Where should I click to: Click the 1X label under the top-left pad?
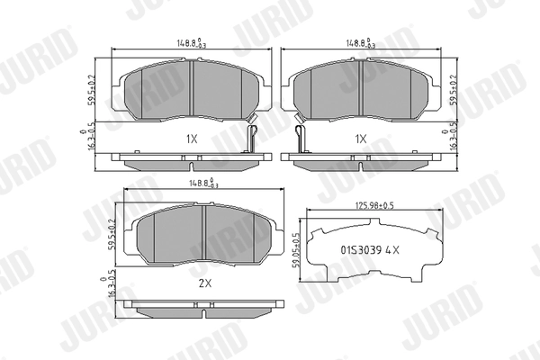pos(191,139)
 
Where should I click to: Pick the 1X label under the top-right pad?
pos(360,139)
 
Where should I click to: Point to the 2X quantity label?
pos(203,283)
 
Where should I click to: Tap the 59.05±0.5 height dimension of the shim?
pos(295,251)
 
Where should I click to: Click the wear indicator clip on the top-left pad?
pos(254,139)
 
